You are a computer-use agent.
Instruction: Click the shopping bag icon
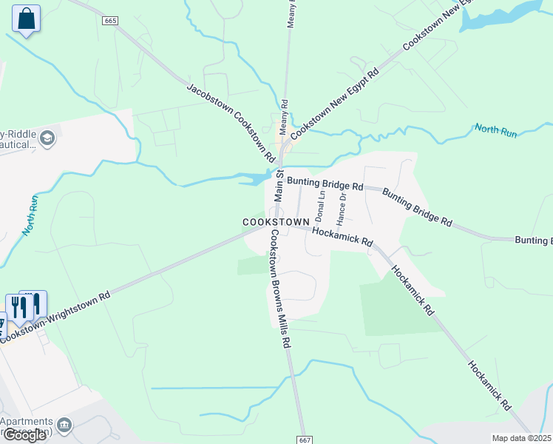(x=27, y=19)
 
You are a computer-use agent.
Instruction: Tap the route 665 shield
(x=110, y=21)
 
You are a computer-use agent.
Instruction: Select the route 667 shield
(x=305, y=440)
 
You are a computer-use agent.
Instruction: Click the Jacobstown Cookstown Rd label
(x=230, y=124)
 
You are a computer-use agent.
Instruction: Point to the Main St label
(x=279, y=184)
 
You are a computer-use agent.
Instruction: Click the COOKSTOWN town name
(x=274, y=222)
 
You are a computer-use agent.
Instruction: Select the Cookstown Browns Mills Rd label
(x=278, y=289)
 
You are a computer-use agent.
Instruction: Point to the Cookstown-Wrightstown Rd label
(x=55, y=315)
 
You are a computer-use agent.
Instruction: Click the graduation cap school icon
(x=48, y=138)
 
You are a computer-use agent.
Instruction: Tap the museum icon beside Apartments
(x=65, y=425)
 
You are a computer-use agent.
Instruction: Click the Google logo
(x=24, y=435)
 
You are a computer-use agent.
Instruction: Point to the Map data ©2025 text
(x=521, y=438)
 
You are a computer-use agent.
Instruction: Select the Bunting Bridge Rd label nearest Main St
(x=325, y=184)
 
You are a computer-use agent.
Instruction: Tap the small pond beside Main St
(x=256, y=178)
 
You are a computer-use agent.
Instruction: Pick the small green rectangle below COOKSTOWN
(x=251, y=266)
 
